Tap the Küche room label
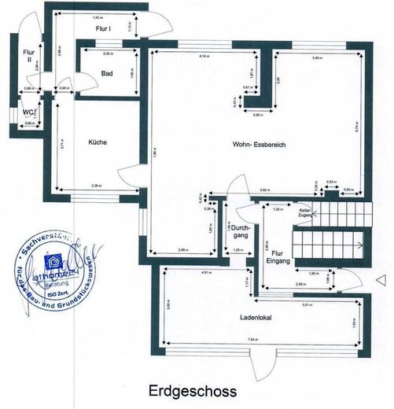coord(98,142)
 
